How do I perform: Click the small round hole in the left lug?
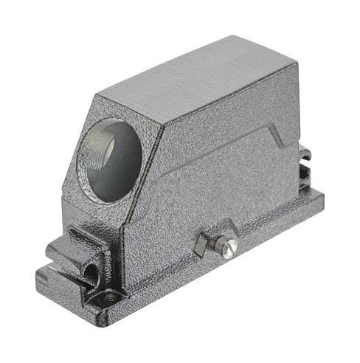90,272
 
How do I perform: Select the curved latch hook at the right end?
304,154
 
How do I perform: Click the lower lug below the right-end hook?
304,178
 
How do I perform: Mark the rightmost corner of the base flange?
323,198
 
